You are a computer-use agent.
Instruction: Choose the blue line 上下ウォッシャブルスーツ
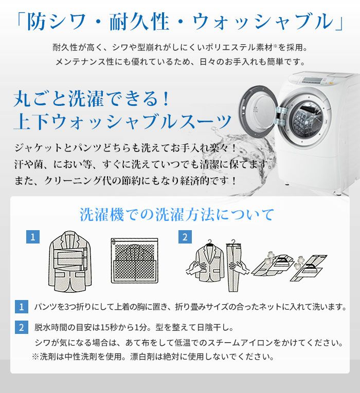click(x=122, y=122)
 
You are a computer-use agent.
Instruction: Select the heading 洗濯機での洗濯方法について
click(x=177, y=214)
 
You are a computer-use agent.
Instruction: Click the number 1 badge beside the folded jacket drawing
click(x=33, y=237)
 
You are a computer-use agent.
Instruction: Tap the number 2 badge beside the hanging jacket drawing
click(x=185, y=237)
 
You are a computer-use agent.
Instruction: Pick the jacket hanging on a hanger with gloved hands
click(x=209, y=262)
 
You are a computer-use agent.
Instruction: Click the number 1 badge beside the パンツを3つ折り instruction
click(x=21, y=307)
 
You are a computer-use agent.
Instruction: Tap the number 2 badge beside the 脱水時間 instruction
click(x=21, y=327)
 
